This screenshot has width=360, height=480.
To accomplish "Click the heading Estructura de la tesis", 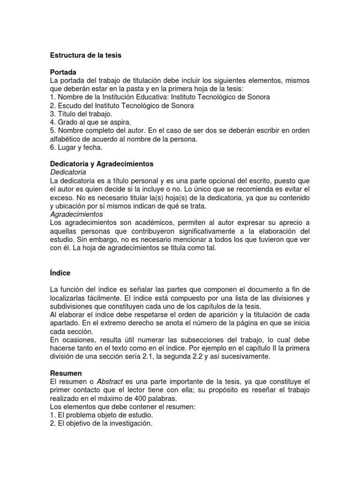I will point(86,55).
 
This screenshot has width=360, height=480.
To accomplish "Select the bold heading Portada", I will point(63,73).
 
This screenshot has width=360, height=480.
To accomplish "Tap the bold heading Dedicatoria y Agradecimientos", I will point(102,164).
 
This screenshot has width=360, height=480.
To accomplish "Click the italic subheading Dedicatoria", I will point(67,172).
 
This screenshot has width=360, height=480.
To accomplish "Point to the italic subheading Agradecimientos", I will point(76,214).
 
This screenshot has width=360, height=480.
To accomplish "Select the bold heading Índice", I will point(60,272).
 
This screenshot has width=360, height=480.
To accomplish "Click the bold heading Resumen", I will point(66,374).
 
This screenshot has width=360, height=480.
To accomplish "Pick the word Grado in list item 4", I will point(68,122).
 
